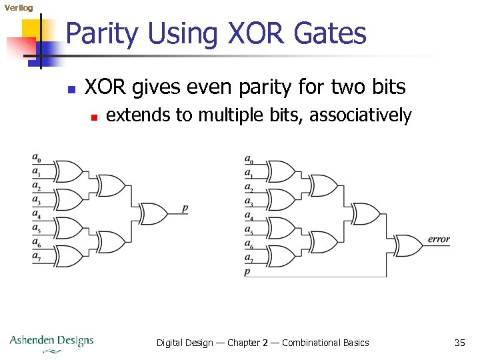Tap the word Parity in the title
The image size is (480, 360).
pyautogui.click(x=103, y=33)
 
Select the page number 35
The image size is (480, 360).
pyautogui.click(x=459, y=343)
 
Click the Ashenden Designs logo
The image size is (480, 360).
pyautogui.click(x=51, y=341)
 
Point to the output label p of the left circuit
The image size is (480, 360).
pyautogui.click(x=185, y=209)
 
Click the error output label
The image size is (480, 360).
pyautogui.click(x=439, y=239)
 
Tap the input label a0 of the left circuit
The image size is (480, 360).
pyautogui.click(x=36, y=158)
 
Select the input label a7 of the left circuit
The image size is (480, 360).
pyautogui.click(x=36, y=257)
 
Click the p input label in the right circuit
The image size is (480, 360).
pyautogui.click(x=247, y=271)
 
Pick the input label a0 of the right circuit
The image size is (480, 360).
pyautogui.click(x=249, y=159)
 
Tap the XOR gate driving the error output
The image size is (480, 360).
pyautogui.click(x=407, y=245)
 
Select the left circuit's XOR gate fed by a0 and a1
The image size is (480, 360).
pyautogui.click(x=67, y=171)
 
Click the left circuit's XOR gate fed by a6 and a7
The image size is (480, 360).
pyautogui.click(x=67, y=256)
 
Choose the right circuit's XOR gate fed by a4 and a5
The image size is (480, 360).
pyautogui.click(x=281, y=227)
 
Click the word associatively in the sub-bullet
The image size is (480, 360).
pyautogui.click(x=361, y=115)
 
